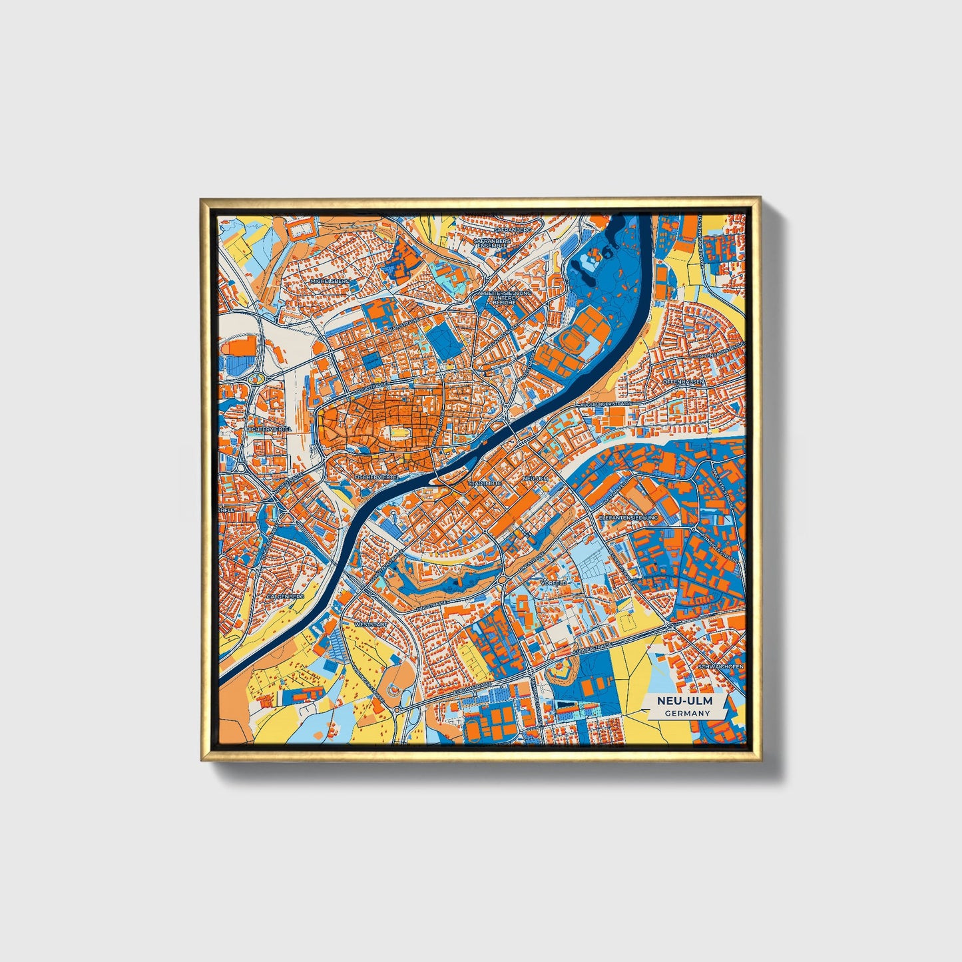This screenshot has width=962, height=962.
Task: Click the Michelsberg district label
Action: coord(330,282)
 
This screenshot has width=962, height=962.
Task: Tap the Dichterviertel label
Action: coord(269,429)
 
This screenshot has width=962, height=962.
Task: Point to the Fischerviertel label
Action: coord(377,477)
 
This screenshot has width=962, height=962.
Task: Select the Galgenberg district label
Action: coord(285,597)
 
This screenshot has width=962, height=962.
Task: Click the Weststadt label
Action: coord(371,625)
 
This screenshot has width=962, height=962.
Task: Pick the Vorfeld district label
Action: coord(554,583)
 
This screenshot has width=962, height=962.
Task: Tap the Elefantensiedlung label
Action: coord(628,517)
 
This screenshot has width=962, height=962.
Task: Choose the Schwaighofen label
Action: coord(720,666)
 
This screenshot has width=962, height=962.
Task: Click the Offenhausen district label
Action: coord(683,381)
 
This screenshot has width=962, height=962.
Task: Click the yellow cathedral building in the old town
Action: coord(397,433)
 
